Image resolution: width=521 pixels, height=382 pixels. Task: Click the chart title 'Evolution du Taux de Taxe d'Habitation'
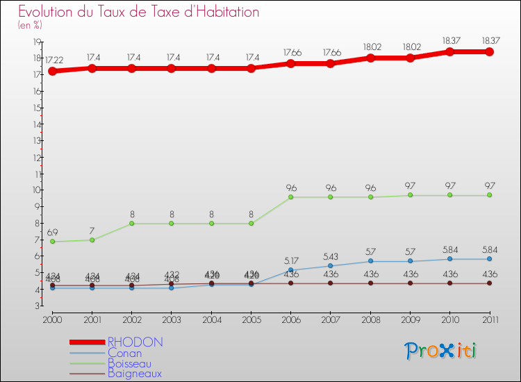[x=139, y=13]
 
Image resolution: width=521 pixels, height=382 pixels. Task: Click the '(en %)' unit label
[x=30, y=26]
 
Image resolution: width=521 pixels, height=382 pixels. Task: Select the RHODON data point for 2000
[x=52, y=71]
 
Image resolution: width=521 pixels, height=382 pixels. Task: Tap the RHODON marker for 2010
[x=449, y=51]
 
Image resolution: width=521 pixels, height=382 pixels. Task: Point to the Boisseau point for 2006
[x=291, y=197]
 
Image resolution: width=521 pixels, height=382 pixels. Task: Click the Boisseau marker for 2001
[x=92, y=240]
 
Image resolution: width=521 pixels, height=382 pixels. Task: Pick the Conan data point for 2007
[x=331, y=266]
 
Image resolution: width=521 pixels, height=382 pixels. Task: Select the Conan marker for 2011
[x=490, y=259]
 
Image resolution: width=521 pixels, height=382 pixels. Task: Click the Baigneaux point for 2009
[x=410, y=283]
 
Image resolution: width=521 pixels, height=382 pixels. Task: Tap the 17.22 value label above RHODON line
[x=56, y=61]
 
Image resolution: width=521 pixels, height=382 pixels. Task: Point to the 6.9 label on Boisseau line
[x=52, y=231]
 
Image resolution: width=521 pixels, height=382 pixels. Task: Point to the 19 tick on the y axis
[x=34, y=42]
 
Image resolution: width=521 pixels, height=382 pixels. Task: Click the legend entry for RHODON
[x=135, y=342]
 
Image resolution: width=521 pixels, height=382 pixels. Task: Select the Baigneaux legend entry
[x=135, y=374]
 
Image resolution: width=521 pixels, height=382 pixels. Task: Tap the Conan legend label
[x=125, y=353]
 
